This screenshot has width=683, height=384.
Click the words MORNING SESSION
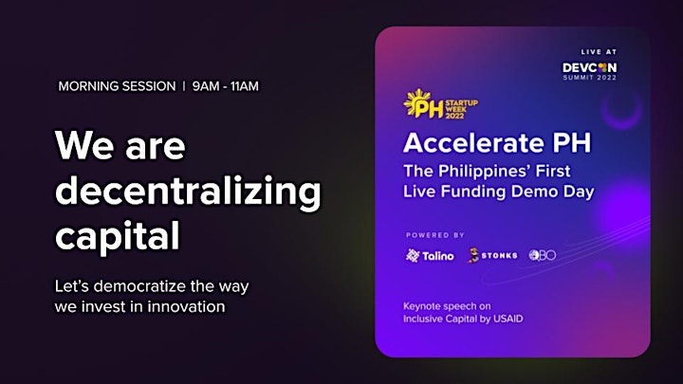click(x=118, y=86)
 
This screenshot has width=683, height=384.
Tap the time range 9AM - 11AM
click(x=225, y=86)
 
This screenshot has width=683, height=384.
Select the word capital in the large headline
click(x=118, y=235)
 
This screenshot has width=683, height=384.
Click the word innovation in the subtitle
click(x=186, y=306)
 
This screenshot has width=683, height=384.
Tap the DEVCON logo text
click(x=589, y=67)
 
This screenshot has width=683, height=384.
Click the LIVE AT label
click(x=599, y=52)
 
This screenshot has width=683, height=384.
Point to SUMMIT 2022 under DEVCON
click(x=590, y=78)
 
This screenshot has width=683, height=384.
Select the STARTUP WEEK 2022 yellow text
click(x=461, y=109)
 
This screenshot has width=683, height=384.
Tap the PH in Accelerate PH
click(x=571, y=142)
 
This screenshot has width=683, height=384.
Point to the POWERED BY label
click(x=435, y=235)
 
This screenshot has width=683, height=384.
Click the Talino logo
click(x=430, y=256)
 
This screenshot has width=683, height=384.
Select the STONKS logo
click(x=492, y=255)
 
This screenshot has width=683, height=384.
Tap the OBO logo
click(x=543, y=255)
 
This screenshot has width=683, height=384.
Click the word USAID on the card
click(x=508, y=319)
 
